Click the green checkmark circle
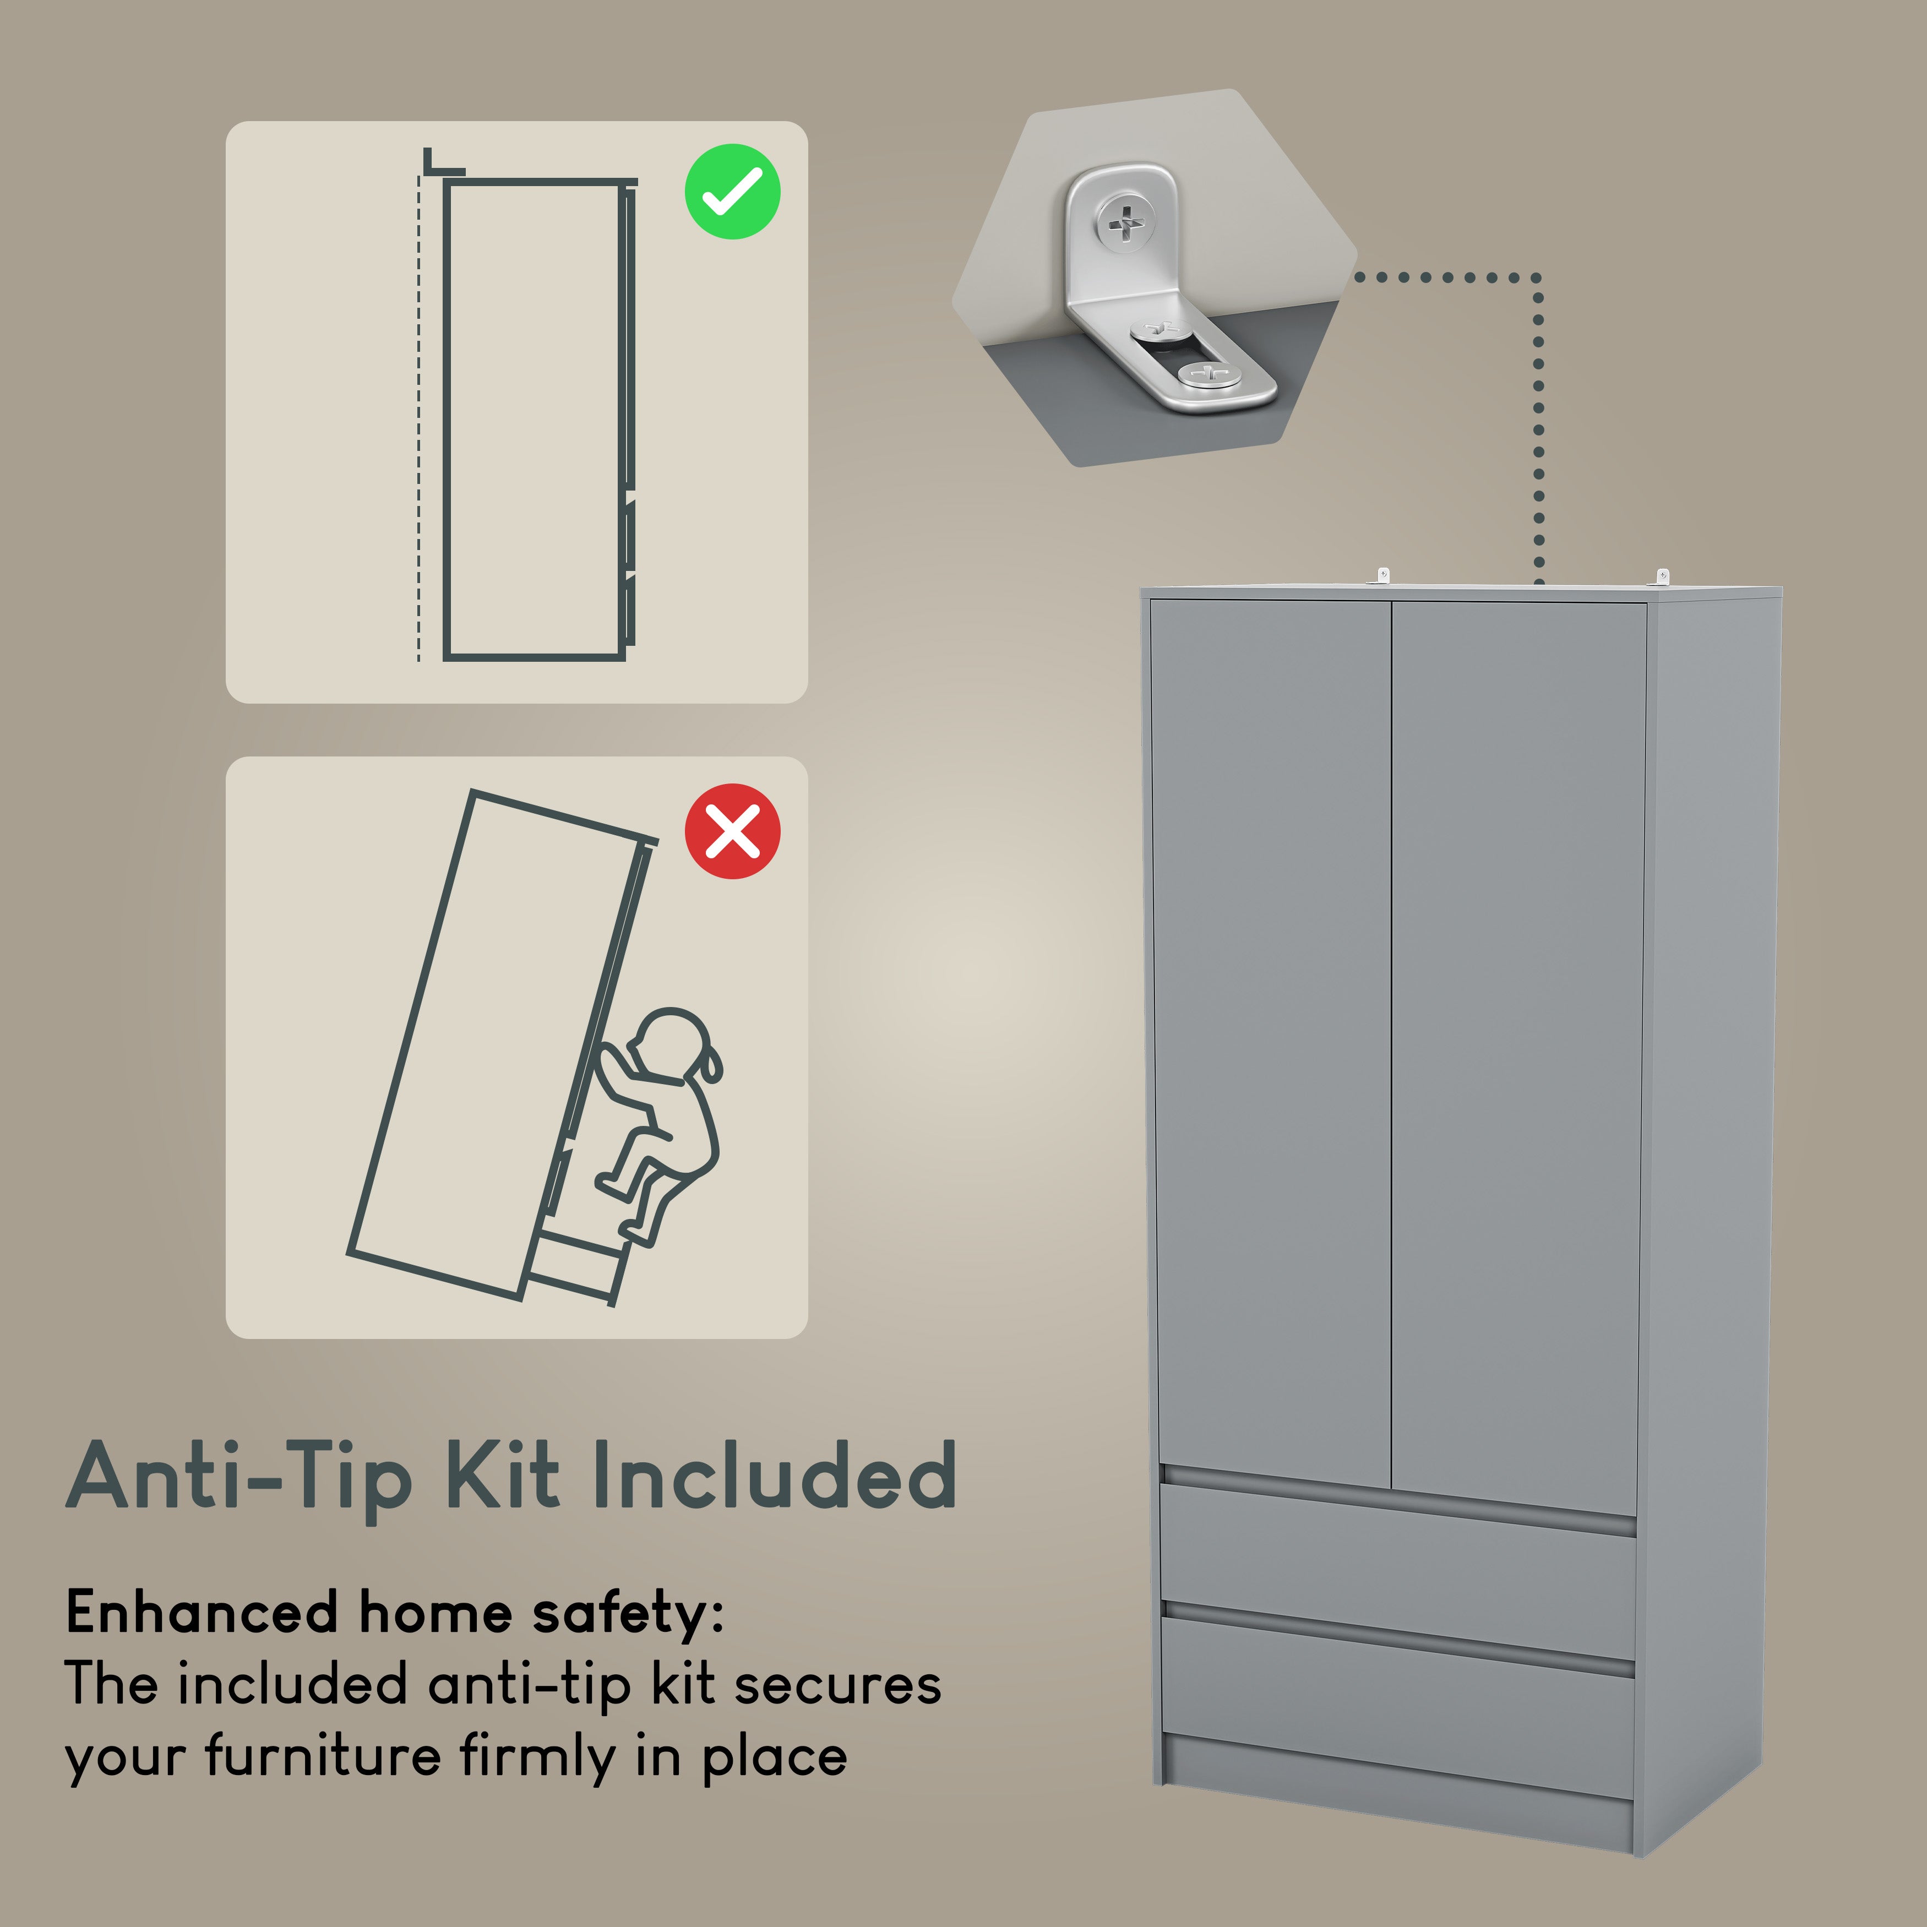(x=732, y=192)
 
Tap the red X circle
(x=732, y=831)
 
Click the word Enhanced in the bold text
(x=202, y=1612)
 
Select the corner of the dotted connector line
(x=1537, y=277)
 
